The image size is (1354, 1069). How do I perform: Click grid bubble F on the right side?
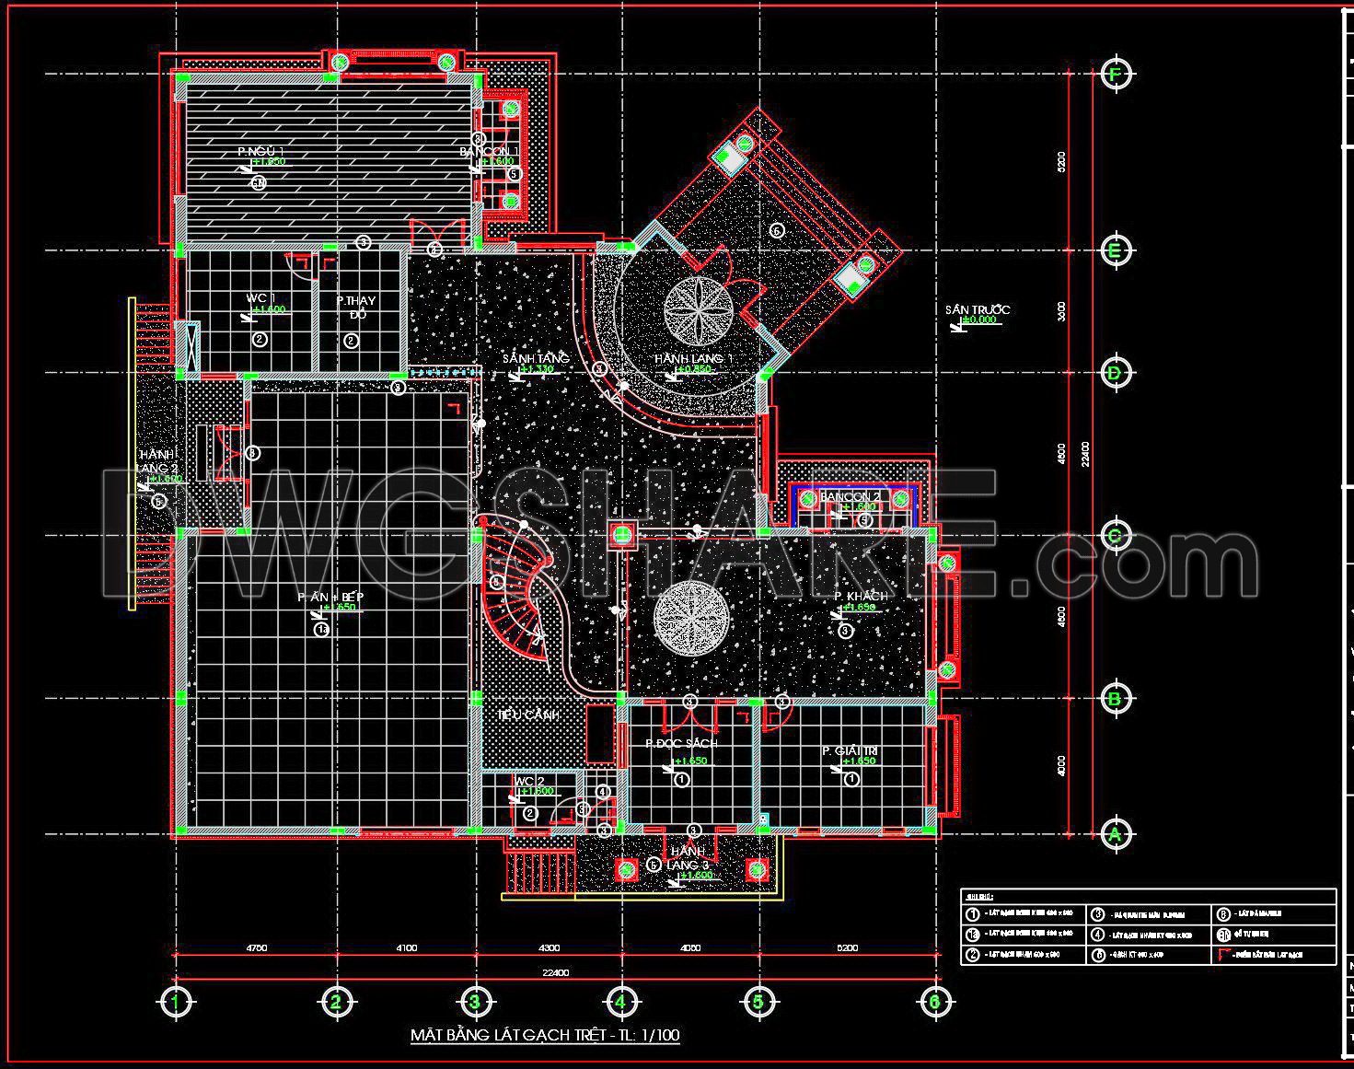(x=1116, y=75)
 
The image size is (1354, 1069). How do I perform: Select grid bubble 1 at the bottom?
(x=174, y=1001)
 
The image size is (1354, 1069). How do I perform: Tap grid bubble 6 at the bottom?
(x=934, y=1001)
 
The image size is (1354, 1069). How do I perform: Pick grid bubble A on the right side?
(x=1116, y=834)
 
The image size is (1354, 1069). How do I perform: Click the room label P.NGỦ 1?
(x=260, y=151)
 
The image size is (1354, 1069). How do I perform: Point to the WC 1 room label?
(x=260, y=298)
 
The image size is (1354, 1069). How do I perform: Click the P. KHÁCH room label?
(x=861, y=596)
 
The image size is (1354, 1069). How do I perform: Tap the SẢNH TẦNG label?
(x=535, y=357)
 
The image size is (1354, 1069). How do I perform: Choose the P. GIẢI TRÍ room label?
(x=851, y=751)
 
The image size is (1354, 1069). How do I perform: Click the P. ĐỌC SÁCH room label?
(x=681, y=743)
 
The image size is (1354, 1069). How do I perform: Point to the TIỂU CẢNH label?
(x=528, y=715)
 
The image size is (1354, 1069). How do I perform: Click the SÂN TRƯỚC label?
(x=977, y=309)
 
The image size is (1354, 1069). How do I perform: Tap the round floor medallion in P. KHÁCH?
(x=692, y=619)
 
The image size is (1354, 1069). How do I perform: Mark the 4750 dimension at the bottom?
(x=257, y=947)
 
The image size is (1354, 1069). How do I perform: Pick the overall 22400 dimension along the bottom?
(x=555, y=972)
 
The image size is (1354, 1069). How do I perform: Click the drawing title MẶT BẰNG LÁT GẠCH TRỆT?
(x=544, y=1035)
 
